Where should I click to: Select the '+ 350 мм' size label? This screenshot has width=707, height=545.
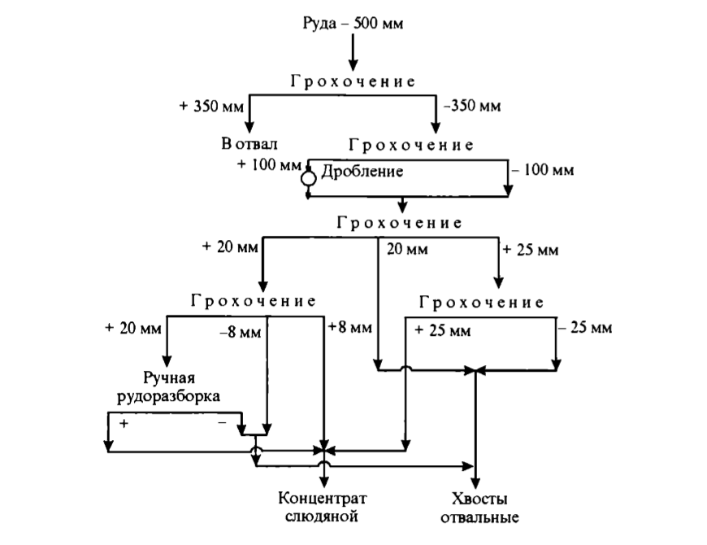point(210,107)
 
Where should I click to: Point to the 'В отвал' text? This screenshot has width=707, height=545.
point(249,144)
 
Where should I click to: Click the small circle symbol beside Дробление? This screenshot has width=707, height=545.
point(307,177)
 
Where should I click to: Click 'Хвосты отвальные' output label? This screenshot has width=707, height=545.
point(479,507)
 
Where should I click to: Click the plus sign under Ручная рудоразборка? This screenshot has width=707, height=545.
point(124,424)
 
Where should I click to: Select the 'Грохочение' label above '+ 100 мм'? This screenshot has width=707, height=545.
point(410,145)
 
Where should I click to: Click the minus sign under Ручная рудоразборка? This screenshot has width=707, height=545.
point(221,424)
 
